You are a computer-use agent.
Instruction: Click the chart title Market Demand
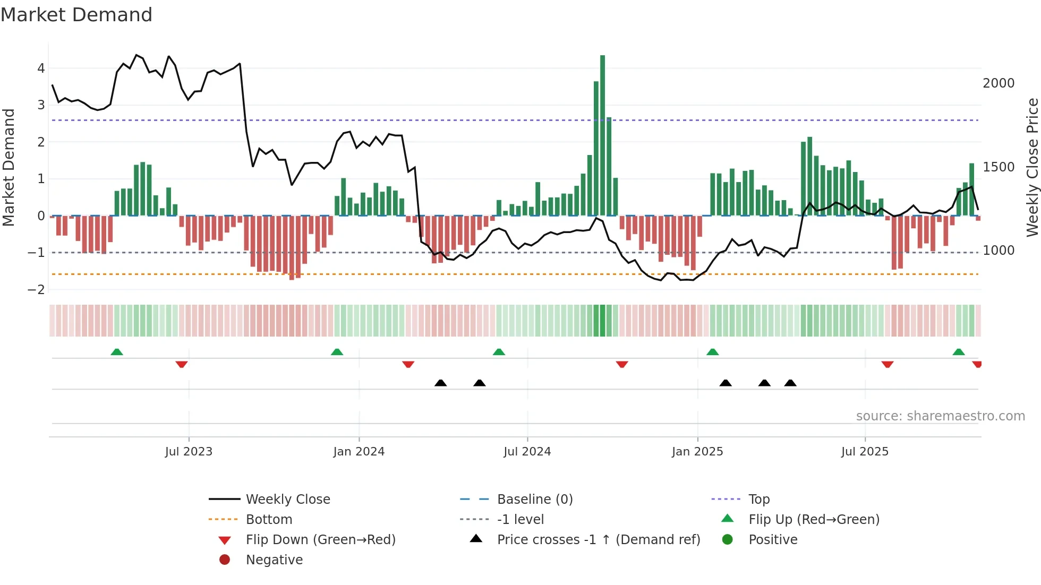coord(76,15)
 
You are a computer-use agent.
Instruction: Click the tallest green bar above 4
coord(602,133)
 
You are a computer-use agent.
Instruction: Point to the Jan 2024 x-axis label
coord(359,452)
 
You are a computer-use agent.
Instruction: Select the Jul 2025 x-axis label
coord(864,452)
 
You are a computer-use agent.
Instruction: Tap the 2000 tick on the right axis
coord(998,83)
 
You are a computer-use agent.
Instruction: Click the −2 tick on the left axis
coord(36,290)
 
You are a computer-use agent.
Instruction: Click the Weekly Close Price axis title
coord(1032,167)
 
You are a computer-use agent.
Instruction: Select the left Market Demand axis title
coord(8,167)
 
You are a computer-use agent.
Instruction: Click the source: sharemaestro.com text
coord(940,416)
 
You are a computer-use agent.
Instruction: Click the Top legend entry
coord(758,500)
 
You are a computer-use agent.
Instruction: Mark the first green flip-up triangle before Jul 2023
coord(117,352)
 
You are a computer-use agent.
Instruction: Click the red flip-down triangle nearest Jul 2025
coord(887,364)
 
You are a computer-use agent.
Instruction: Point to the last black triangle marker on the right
coord(790,383)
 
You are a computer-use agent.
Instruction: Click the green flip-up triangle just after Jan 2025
coord(712,352)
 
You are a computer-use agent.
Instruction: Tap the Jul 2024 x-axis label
coord(527,452)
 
